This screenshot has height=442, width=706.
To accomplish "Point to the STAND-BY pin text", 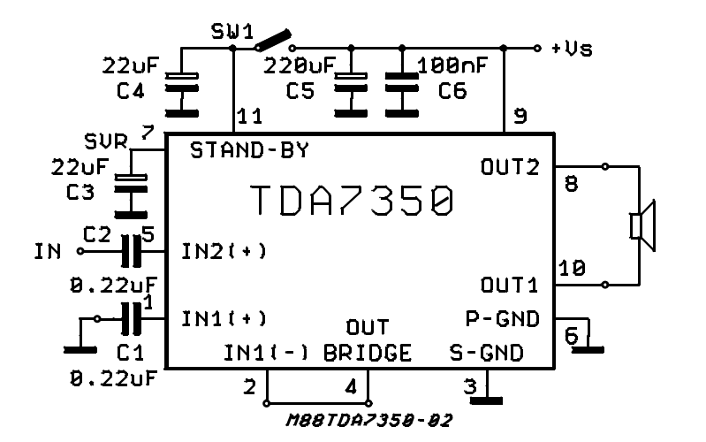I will click(x=250, y=150).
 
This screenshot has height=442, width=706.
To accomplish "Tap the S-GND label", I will click(x=486, y=353).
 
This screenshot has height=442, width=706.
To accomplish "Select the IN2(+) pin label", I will click(x=224, y=251).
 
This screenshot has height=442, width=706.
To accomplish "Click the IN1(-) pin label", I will click(x=265, y=353).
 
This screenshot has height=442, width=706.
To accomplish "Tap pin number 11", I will click(x=250, y=116).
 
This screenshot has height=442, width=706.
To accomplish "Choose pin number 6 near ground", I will click(x=570, y=337).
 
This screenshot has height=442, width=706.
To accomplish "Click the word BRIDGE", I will click(x=367, y=353).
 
